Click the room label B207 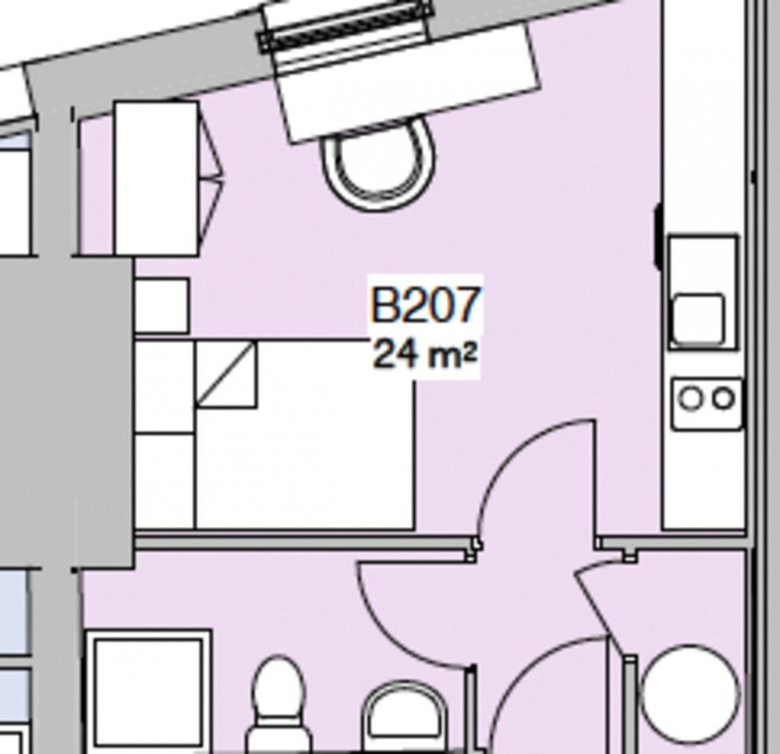(426, 306)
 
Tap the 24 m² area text (424, 354)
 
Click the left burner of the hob (691, 398)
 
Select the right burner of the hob (723, 398)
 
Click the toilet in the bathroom (279, 701)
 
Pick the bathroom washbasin (406, 717)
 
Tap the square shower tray (148, 690)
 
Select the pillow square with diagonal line (227, 374)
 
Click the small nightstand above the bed (162, 306)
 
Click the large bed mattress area (318, 462)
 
